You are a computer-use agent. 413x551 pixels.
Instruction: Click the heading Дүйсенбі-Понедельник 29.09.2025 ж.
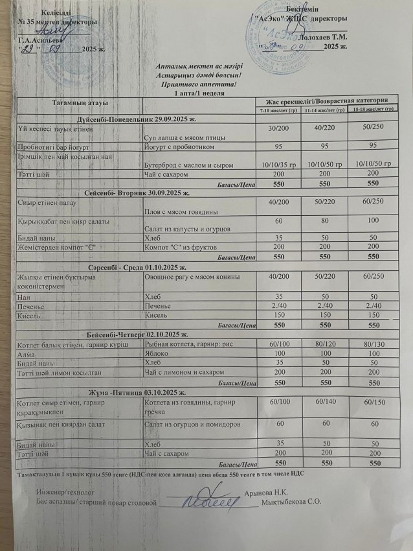[x=137, y=121]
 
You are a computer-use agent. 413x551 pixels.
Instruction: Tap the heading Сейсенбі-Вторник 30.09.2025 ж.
[x=137, y=193]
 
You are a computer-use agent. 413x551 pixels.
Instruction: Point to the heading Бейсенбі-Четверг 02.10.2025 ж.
[x=137, y=333]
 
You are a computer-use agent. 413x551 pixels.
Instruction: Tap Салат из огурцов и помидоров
[x=193, y=423]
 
